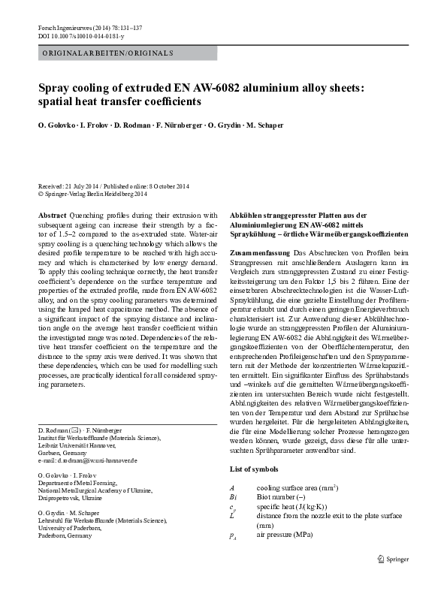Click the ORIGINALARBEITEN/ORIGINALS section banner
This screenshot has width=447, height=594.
(x=107, y=53)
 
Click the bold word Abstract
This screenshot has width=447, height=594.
(x=51, y=215)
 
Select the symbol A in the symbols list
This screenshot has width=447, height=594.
(x=232, y=487)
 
